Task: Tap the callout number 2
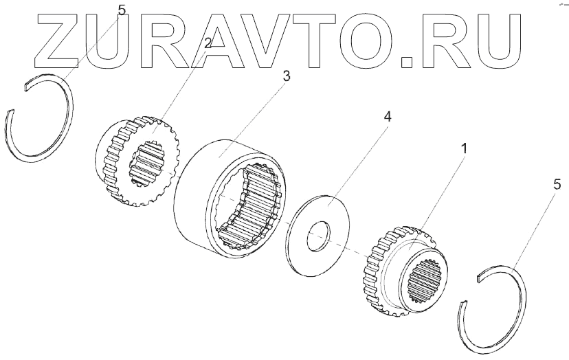point(208,43)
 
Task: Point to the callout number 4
point(387,118)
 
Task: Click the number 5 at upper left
point(122,10)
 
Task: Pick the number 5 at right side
point(557,184)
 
